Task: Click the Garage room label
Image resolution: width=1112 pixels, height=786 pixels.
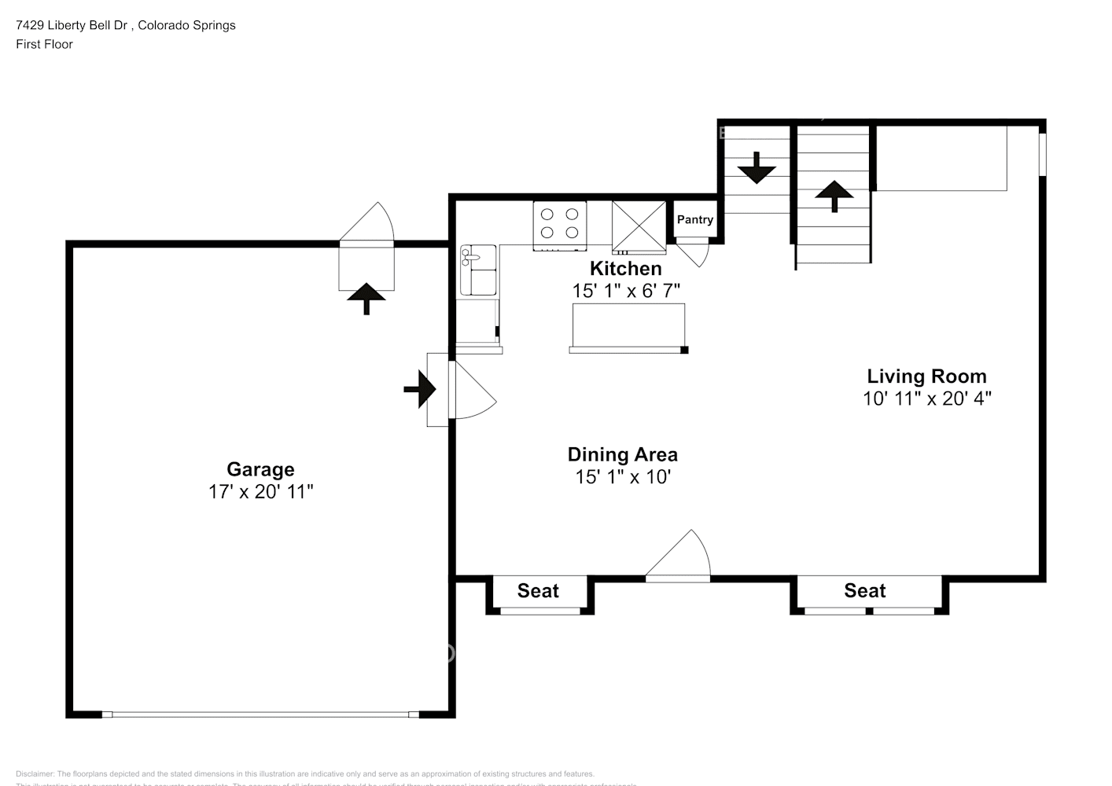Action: pos(260,469)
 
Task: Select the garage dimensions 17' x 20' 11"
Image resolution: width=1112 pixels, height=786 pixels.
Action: pos(260,492)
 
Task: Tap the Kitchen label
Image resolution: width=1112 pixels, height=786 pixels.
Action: pos(625,269)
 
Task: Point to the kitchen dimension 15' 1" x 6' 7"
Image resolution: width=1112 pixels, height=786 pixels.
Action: pos(625,291)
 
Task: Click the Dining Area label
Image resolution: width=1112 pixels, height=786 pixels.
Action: pos(622,454)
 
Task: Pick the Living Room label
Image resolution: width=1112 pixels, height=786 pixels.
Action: pos(926,376)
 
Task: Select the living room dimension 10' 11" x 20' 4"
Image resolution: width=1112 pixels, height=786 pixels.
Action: pos(926,399)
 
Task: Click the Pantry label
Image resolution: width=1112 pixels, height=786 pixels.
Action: pos(694,220)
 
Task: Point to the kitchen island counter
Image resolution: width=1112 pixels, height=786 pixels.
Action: pos(628,325)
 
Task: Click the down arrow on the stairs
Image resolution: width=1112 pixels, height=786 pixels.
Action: pos(757,168)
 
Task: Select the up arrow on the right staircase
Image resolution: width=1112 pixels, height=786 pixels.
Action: pos(834,195)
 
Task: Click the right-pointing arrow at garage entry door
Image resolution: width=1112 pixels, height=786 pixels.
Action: pos(420,389)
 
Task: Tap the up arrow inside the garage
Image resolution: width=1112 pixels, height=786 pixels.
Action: pos(366,298)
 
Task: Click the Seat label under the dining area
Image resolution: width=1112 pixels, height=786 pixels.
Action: pos(538,591)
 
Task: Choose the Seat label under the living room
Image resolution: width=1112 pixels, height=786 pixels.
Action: pos(864,591)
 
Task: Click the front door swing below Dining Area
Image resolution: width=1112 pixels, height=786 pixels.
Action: pos(680,558)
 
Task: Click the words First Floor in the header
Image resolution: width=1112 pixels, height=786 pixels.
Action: pos(44,44)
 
